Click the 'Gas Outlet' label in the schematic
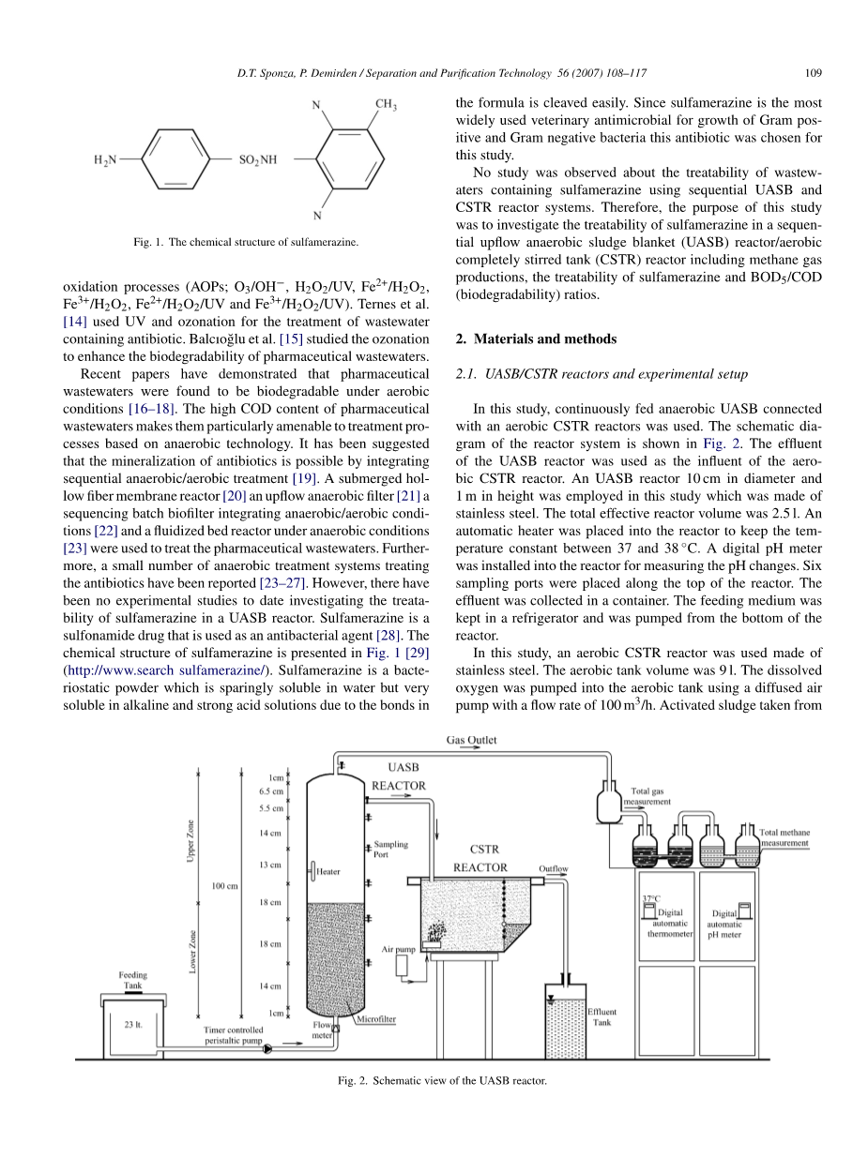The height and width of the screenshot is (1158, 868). point(471,740)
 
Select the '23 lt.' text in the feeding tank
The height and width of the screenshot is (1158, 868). point(132,1024)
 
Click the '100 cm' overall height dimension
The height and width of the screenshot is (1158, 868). point(225,884)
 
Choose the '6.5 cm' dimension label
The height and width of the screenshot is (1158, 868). point(270,790)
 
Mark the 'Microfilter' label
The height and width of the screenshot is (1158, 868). point(376,1019)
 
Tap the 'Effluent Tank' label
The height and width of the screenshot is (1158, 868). point(602,1017)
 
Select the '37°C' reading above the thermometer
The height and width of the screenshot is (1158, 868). point(651,897)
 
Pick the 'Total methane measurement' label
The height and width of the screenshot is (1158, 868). point(784,836)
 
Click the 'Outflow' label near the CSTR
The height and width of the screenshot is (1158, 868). point(553,868)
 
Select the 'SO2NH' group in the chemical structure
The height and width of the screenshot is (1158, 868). point(257,160)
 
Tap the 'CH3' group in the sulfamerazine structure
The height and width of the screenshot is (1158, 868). point(386,106)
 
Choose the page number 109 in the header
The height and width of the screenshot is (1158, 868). point(814,72)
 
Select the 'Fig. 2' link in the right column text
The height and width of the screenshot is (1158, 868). point(714,444)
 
